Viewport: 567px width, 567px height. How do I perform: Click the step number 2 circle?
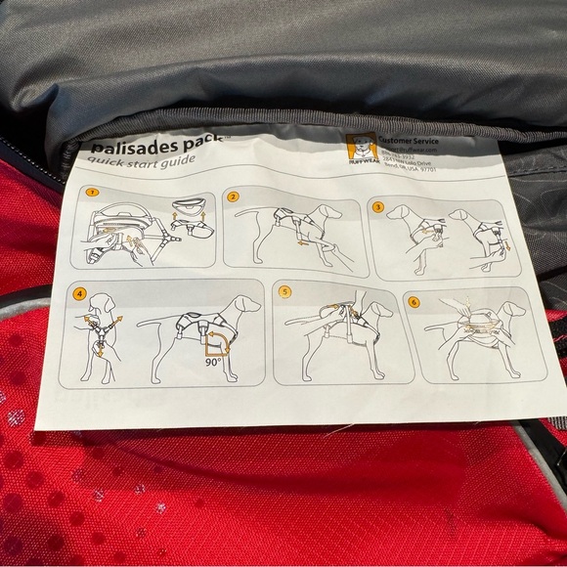tap(234, 196)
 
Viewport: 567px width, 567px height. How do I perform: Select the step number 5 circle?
tap(283, 291)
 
